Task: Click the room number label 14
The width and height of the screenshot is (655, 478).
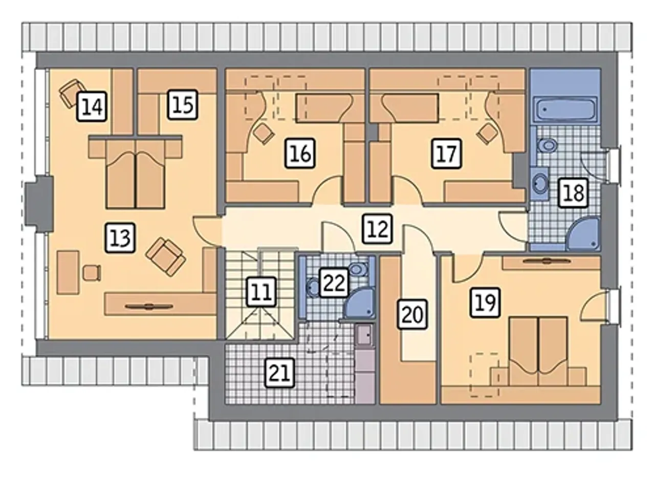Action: (92, 106)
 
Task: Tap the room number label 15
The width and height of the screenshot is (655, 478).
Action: (183, 104)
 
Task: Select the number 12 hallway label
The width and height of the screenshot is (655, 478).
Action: (377, 229)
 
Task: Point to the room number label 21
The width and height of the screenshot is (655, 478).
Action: (280, 373)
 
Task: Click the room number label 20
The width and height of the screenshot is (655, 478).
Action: (412, 314)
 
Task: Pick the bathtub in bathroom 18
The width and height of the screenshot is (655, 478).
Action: (565, 109)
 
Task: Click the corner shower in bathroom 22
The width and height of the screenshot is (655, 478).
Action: (360, 303)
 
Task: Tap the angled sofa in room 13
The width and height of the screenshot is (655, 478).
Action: (165, 256)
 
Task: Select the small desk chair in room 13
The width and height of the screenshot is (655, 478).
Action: (92, 273)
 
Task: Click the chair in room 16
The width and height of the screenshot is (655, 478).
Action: (264, 134)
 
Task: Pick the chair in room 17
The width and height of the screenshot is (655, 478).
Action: (487, 134)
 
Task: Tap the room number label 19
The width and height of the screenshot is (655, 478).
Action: (485, 302)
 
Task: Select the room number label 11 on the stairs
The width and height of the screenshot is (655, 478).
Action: (261, 292)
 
